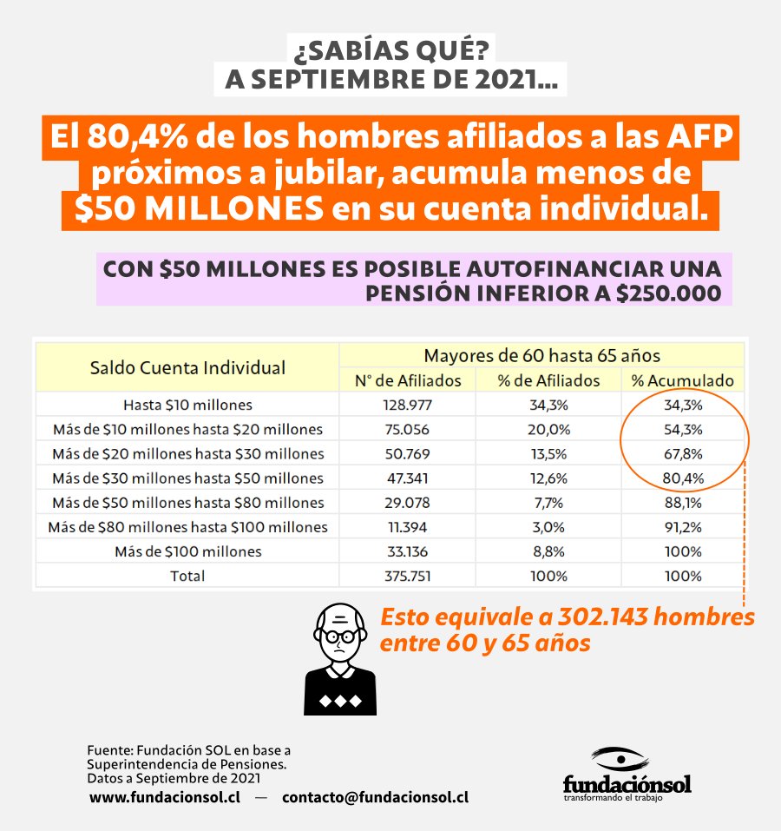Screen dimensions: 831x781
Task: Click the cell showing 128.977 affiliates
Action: [407, 405]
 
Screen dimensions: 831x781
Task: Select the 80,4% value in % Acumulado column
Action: [681, 478]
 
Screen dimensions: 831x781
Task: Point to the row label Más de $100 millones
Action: [187, 551]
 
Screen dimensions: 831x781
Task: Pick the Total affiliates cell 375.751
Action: [407, 576]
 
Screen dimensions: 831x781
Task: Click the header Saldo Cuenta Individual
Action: [187, 367]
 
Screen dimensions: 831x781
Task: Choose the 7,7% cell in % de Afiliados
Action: [548, 503]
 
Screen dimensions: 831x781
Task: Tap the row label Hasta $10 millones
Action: [187, 405]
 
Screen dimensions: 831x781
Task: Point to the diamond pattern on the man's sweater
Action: [339, 700]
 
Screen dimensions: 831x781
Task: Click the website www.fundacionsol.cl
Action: [164, 797]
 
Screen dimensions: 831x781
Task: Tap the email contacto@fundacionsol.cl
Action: [375, 797]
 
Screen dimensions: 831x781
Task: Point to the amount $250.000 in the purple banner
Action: [668, 293]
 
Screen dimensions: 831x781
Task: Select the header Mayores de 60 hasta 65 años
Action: [541, 355]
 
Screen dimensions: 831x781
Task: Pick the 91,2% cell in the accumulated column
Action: [681, 527]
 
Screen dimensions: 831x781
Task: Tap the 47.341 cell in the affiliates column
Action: [407, 478]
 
